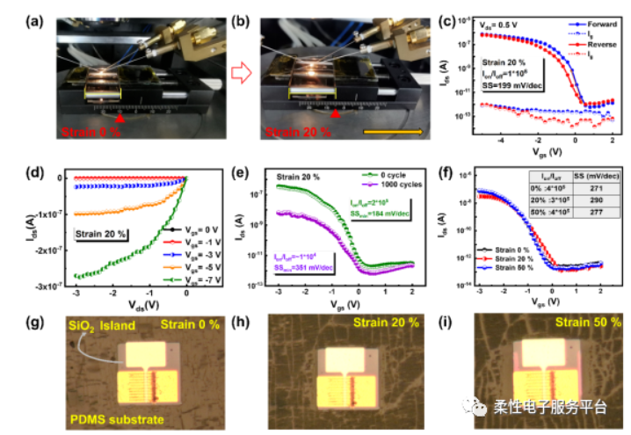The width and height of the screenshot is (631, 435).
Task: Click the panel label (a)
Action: (16, 11)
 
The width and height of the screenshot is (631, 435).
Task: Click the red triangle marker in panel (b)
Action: (335, 113)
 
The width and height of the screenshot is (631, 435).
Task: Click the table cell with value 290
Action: (588, 201)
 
